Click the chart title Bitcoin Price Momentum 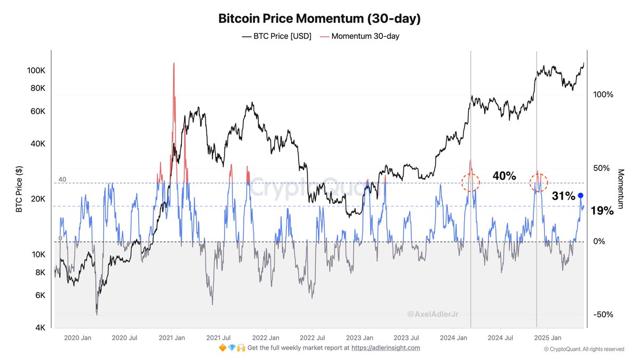(319, 19)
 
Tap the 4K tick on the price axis (40, 328)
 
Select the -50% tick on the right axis (602, 315)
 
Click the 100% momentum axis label (603, 94)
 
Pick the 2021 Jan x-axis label (172, 338)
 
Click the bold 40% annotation (504, 176)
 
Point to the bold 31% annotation (563, 196)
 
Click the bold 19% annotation (602, 211)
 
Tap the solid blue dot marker (580, 196)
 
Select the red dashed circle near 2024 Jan (470, 182)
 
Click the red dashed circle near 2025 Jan (539, 182)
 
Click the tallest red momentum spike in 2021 (174, 67)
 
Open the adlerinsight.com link (393, 348)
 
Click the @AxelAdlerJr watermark (433, 315)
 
